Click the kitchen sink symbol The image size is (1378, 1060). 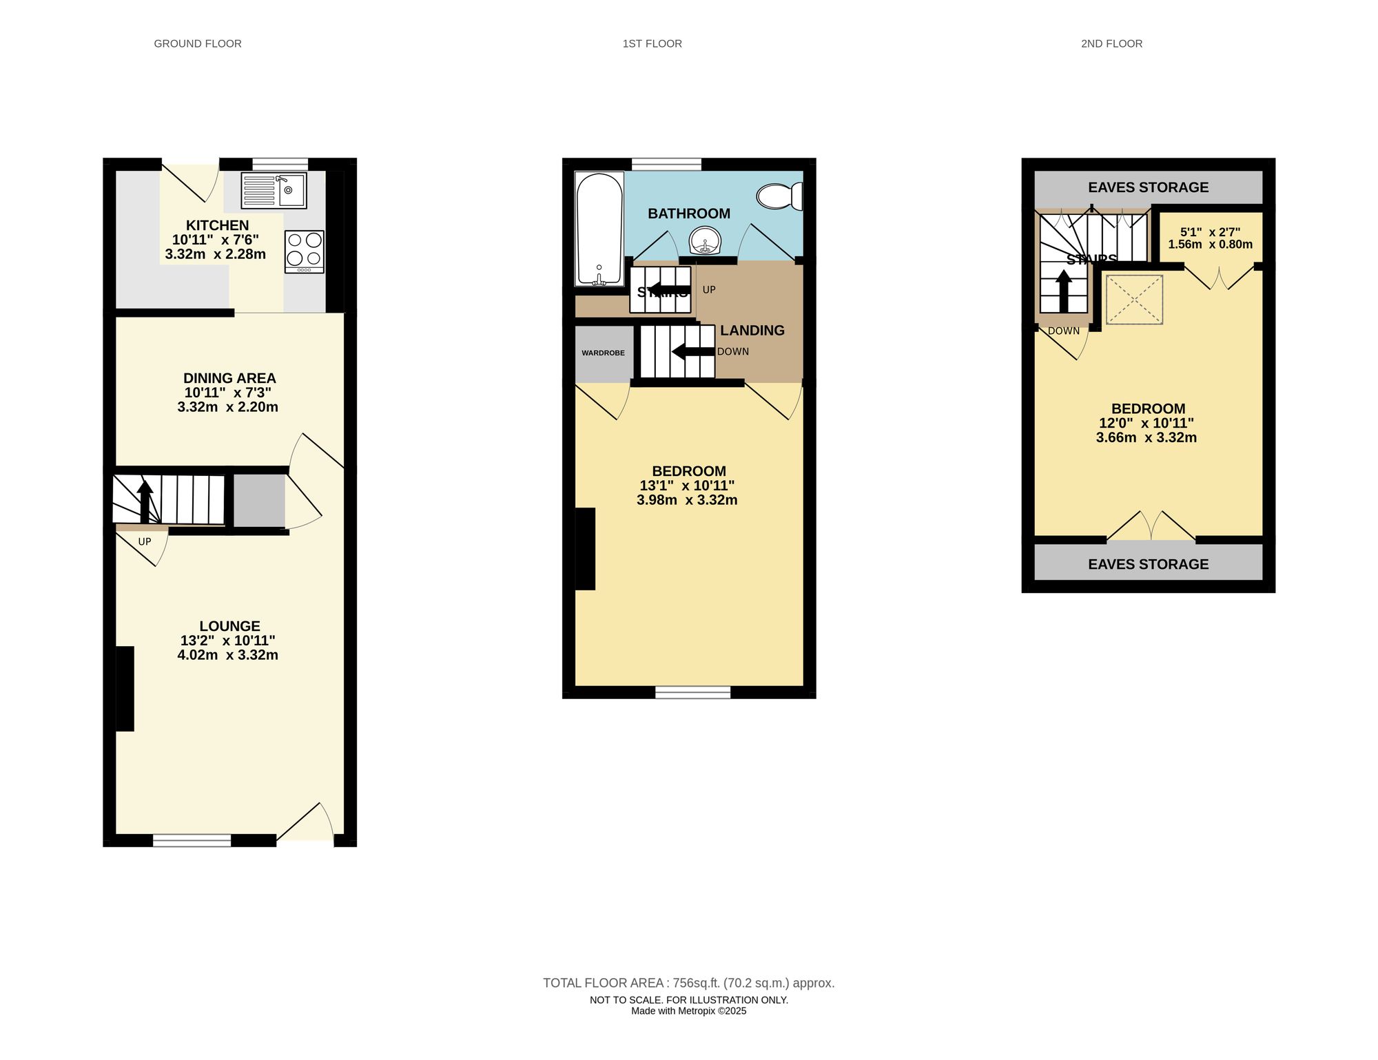[274, 191]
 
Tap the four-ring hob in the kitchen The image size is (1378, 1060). [305, 250]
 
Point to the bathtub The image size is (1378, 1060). [599, 229]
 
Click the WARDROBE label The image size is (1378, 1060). [603, 353]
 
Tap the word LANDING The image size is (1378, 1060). [752, 331]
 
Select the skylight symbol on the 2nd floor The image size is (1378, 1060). [1134, 300]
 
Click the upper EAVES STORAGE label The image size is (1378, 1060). [1148, 187]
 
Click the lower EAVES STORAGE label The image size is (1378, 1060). [1148, 564]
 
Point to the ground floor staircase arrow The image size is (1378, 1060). [145, 501]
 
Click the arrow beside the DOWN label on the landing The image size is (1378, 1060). [692, 352]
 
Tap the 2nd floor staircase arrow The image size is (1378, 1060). [1063, 291]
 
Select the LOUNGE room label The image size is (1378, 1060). [229, 626]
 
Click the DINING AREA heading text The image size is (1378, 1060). [229, 378]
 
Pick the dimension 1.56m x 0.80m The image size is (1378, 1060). [1210, 245]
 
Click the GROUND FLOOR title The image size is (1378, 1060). [198, 43]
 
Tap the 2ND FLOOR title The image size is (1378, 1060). [1111, 43]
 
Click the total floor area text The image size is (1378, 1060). [688, 983]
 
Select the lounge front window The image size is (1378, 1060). [192, 840]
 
